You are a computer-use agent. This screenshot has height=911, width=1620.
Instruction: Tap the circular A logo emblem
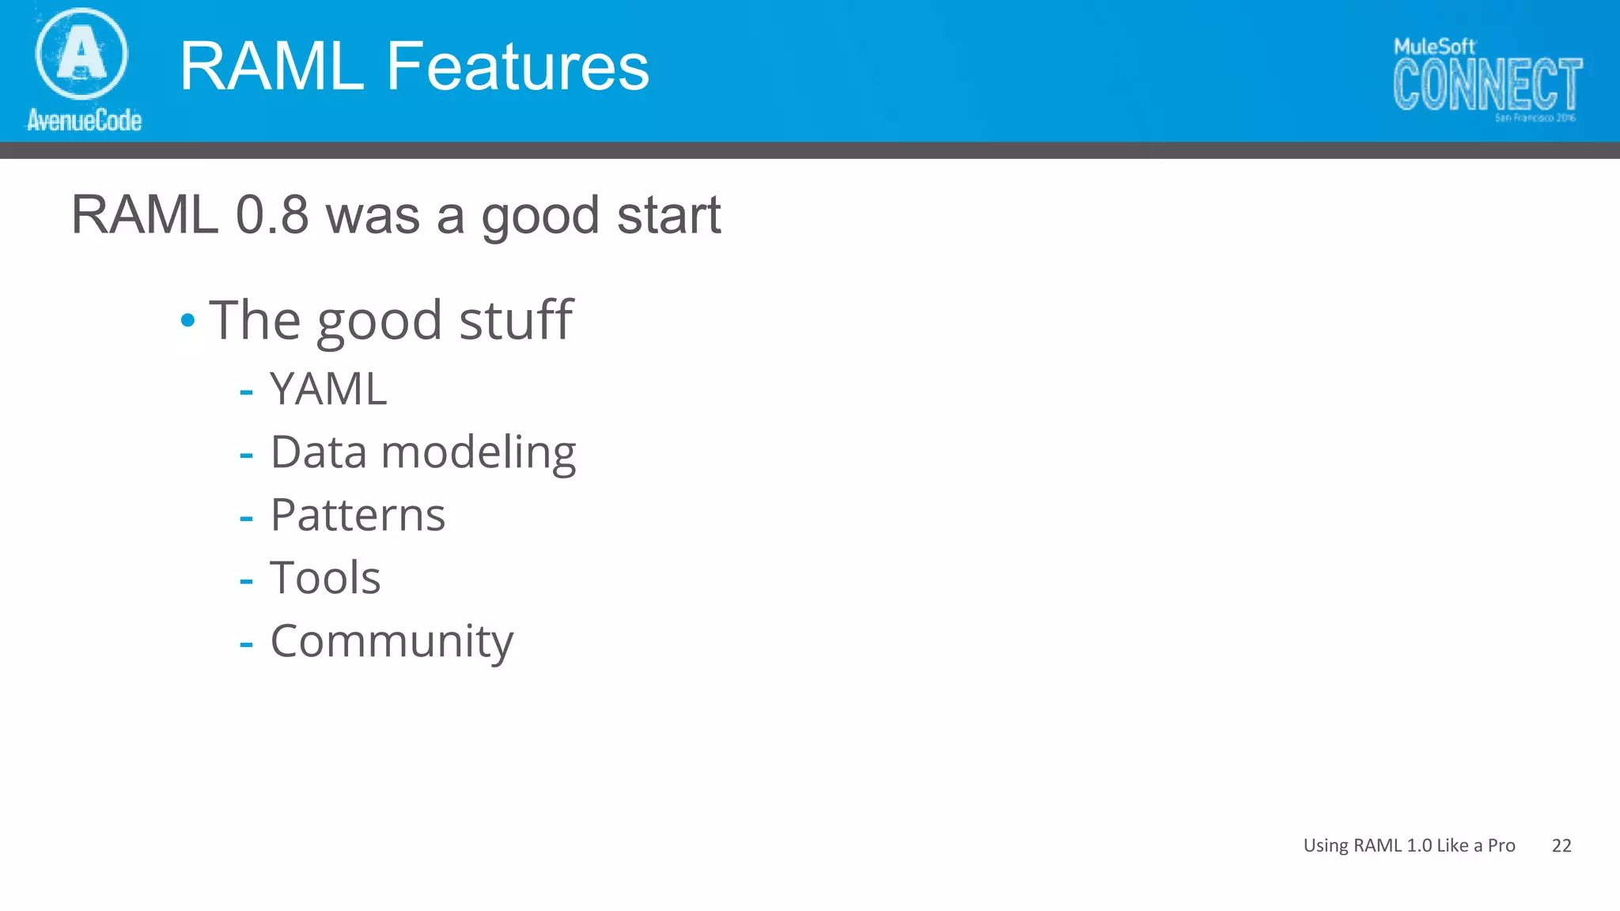click(x=81, y=54)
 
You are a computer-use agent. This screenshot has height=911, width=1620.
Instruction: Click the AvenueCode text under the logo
click(x=85, y=120)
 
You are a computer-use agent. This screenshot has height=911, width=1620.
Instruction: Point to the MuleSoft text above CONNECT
click(x=1434, y=47)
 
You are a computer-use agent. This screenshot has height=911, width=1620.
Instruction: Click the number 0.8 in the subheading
click(x=272, y=215)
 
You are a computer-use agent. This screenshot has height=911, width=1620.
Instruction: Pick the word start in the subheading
click(x=668, y=215)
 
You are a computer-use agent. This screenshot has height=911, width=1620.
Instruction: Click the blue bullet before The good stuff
click(x=187, y=320)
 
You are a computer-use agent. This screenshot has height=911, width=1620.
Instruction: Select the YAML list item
click(x=328, y=389)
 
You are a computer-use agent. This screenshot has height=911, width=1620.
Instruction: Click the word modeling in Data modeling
click(x=479, y=453)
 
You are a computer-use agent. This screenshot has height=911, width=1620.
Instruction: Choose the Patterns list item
click(x=358, y=515)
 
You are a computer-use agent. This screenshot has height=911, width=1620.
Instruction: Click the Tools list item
click(x=325, y=577)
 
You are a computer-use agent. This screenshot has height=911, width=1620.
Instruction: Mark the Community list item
click(x=392, y=641)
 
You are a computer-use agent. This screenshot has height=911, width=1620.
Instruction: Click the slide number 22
click(x=1561, y=845)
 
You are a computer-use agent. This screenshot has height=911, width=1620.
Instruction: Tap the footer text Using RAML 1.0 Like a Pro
click(x=1409, y=845)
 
